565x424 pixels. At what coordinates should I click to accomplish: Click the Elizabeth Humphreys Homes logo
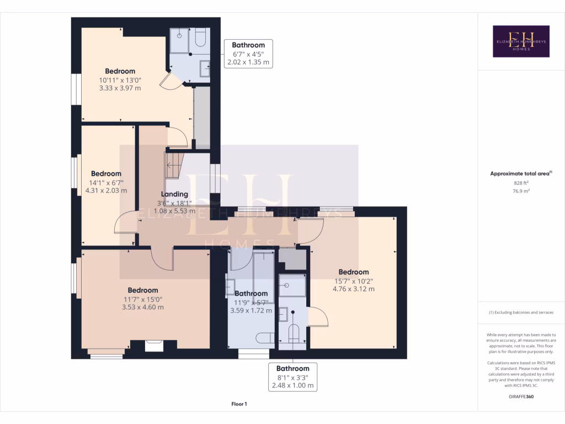pos(521,41)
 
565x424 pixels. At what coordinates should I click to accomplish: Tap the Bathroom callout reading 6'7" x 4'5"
pos(248,54)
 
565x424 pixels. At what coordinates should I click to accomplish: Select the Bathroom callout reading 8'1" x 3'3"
pos(292,377)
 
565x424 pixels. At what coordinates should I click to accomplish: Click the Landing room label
pos(174,194)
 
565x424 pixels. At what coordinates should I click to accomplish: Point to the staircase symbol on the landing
pos(173,165)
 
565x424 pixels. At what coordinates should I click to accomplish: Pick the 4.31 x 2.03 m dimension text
pos(106,190)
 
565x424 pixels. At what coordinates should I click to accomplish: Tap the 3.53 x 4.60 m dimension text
pos(143,307)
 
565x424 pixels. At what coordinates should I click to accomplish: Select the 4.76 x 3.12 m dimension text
pos(353,289)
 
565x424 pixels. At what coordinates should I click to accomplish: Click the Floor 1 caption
pos(239,404)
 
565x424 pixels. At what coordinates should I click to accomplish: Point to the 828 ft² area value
pos(521,183)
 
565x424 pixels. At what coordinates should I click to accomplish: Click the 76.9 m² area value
pos(521,191)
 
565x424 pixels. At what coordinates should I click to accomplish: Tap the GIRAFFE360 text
pos(521,396)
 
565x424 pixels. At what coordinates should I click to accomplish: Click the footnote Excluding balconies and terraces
pos(521,312)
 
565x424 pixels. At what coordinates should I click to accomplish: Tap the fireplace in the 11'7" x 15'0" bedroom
pos(153,346)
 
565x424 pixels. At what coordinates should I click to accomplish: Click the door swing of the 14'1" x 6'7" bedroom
pos(124,224)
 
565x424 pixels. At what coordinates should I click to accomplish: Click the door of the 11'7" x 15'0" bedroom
pos(162,259)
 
